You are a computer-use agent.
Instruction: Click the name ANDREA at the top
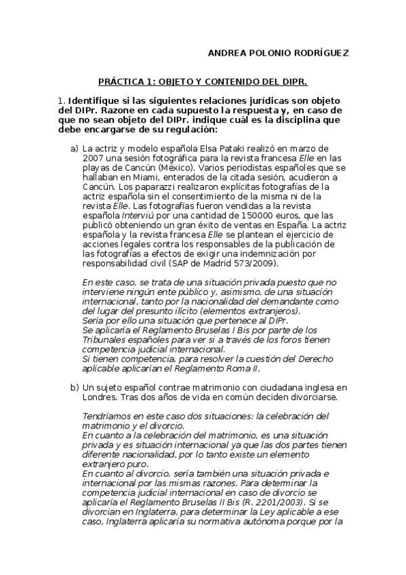pyautogui.click(x=225, y=52)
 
